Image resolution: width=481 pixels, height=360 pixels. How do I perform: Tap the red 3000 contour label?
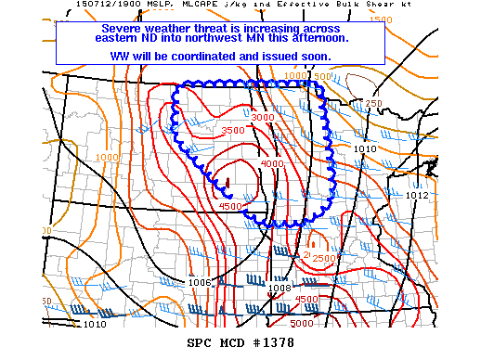pos(263,118)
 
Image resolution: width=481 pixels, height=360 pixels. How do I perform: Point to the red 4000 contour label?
pos(273,163)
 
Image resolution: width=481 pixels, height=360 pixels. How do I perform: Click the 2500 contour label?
pos(323,258)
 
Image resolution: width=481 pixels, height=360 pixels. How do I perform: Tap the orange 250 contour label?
pos(373,103)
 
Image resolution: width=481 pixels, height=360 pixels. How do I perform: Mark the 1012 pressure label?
pos(417,196)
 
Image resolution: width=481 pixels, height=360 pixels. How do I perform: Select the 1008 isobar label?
pos(279,288)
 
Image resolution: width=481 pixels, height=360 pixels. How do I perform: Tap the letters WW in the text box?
pos(123,56)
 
